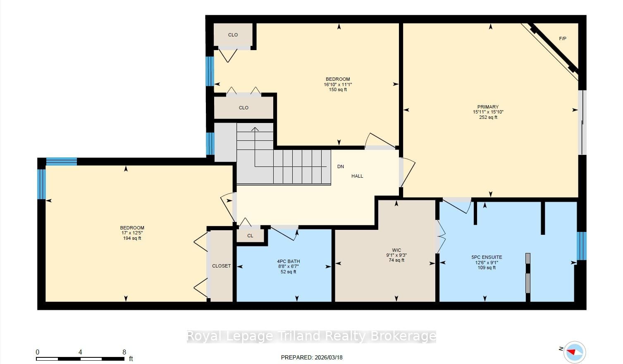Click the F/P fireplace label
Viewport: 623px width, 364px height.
pos(562,39)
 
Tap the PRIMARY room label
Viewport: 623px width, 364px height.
pos(488,107)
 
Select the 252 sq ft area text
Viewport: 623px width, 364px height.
pos(488,117)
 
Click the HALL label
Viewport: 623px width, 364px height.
pos(357,176)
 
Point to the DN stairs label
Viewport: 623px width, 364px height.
pos(340,166)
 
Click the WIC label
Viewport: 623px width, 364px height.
pos(396,250)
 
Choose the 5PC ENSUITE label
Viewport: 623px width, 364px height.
pos(487,257)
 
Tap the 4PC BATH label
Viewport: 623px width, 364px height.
pos(289,261)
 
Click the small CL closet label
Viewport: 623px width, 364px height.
pos(250,236)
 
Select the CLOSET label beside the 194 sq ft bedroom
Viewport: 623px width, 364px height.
pos(222,266)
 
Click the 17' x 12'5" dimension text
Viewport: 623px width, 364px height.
pos(132,233)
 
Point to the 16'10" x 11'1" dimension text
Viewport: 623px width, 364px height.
pos(338,84)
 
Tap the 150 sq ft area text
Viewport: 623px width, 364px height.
pos(338,90)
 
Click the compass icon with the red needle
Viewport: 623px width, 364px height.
pos(575,352)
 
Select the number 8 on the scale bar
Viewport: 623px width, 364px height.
pos(124,352)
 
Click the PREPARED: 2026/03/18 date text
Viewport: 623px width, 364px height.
pos(312,357)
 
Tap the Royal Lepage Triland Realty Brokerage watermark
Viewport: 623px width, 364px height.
pos(311,336)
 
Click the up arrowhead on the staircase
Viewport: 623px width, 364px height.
pos(255,129)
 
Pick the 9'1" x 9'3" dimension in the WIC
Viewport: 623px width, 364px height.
pos(396,255)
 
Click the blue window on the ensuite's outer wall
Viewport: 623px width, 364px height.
pos(582,246)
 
